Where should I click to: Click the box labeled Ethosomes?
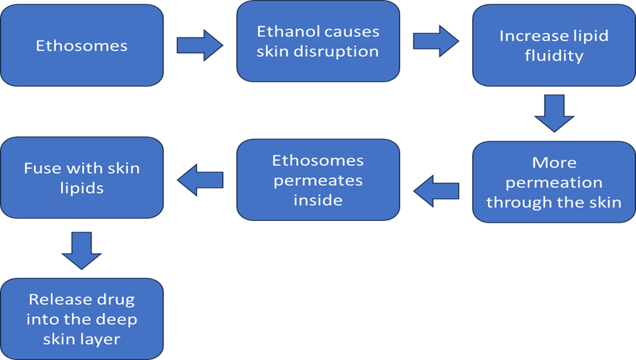(x=82, y=46)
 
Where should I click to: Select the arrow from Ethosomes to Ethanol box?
(x=200, y=46)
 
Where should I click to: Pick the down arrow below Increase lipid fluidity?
(x=554, y=113)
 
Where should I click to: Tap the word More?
(x=554, y=163)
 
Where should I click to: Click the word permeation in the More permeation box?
(x=554, y=183)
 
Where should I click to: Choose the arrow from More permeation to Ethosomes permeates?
(x=436, y=191)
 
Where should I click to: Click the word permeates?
(x=318, y=180)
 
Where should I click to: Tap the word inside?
(x=318, y=201)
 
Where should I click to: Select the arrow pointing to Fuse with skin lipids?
(x=200, y=181)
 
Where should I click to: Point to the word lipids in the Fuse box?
(x=82, y=189)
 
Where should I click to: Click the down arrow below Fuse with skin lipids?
(x=82, y=251)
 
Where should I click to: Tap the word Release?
(x=82, y=299)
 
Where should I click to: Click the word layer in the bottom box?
(x=101, y=339)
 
